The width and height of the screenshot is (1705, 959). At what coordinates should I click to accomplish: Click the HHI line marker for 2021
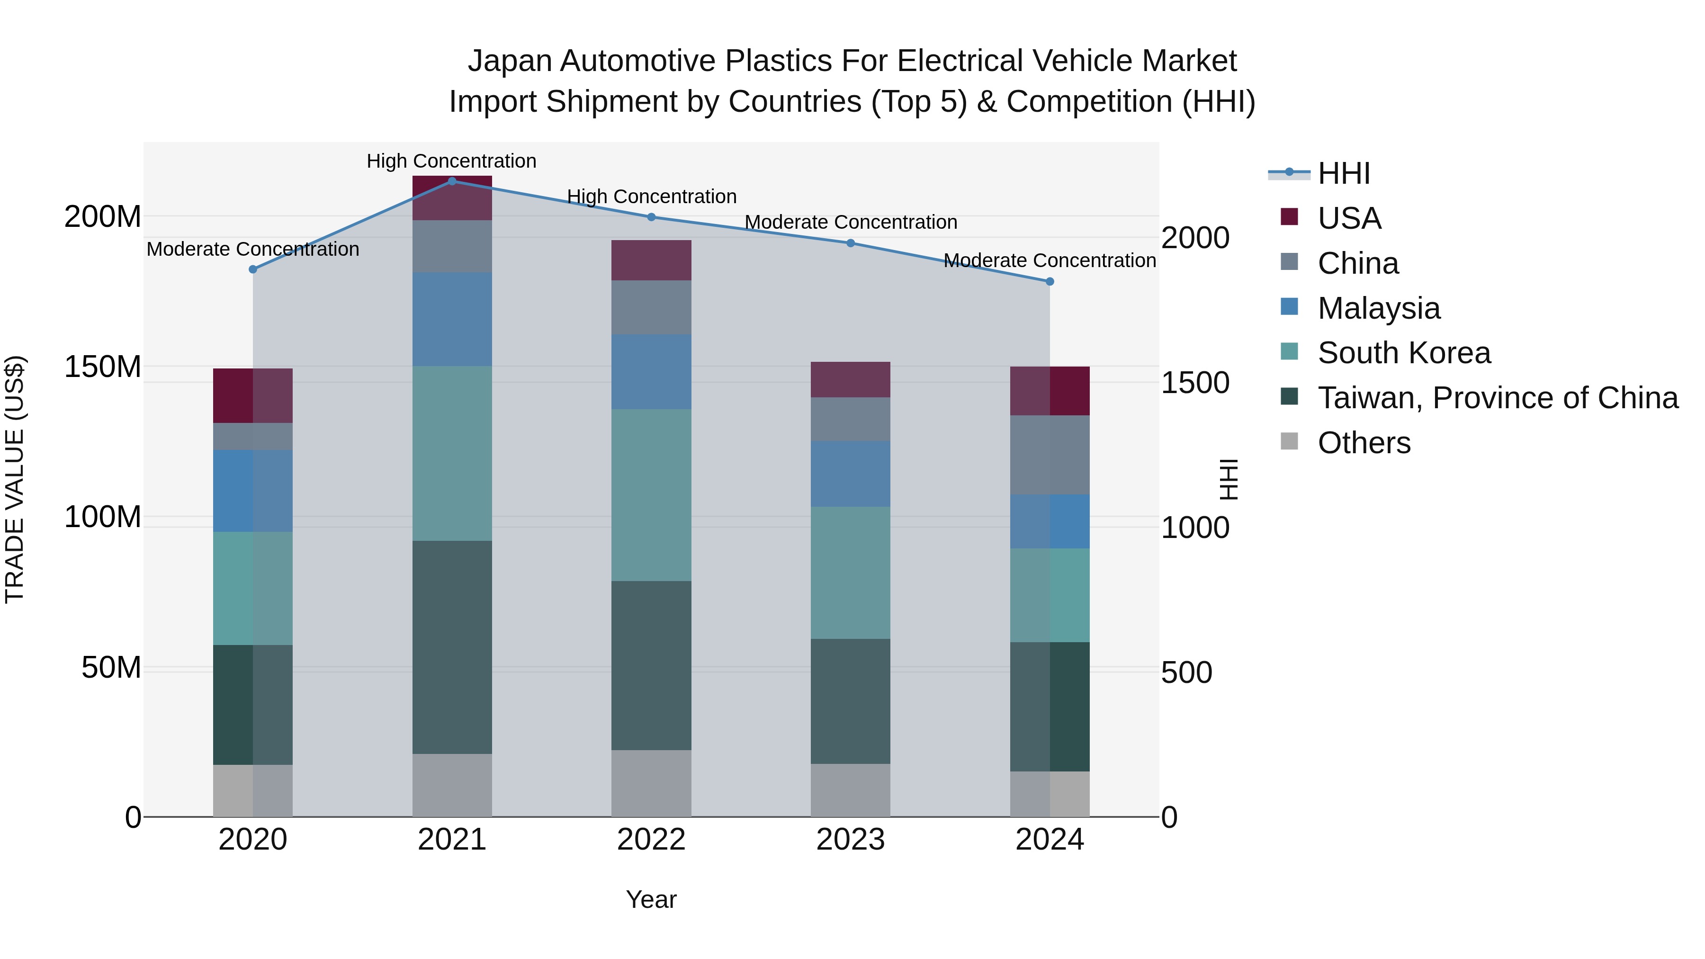pos(452,181)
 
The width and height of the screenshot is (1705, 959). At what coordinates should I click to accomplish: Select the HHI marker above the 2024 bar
pos(1050,281)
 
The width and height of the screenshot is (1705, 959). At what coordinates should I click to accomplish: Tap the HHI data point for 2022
pos(651,217)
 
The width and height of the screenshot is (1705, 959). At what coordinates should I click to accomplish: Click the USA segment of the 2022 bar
pos(651,260)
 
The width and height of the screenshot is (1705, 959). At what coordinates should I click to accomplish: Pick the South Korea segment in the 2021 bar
pos(452,453)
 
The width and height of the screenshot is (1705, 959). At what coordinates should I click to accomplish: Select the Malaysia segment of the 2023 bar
pos(851,474)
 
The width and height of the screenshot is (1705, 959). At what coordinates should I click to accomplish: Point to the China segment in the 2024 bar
pos(1050,455)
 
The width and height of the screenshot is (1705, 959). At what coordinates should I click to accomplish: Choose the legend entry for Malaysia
pos(1379,308)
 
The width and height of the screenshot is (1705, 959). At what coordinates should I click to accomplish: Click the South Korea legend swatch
pos(1289,351)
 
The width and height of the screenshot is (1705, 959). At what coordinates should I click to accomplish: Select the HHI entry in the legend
pos(1344,173)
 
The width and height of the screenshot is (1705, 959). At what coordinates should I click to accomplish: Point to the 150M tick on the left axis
pos(103,367)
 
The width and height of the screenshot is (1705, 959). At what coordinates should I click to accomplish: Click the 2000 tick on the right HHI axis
pos(1195,238)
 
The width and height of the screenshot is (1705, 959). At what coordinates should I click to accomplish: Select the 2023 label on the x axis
pos(851,840)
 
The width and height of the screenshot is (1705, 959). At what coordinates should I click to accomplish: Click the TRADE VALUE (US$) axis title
pos(15,479)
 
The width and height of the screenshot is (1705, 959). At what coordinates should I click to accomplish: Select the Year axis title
pos(651,899)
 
